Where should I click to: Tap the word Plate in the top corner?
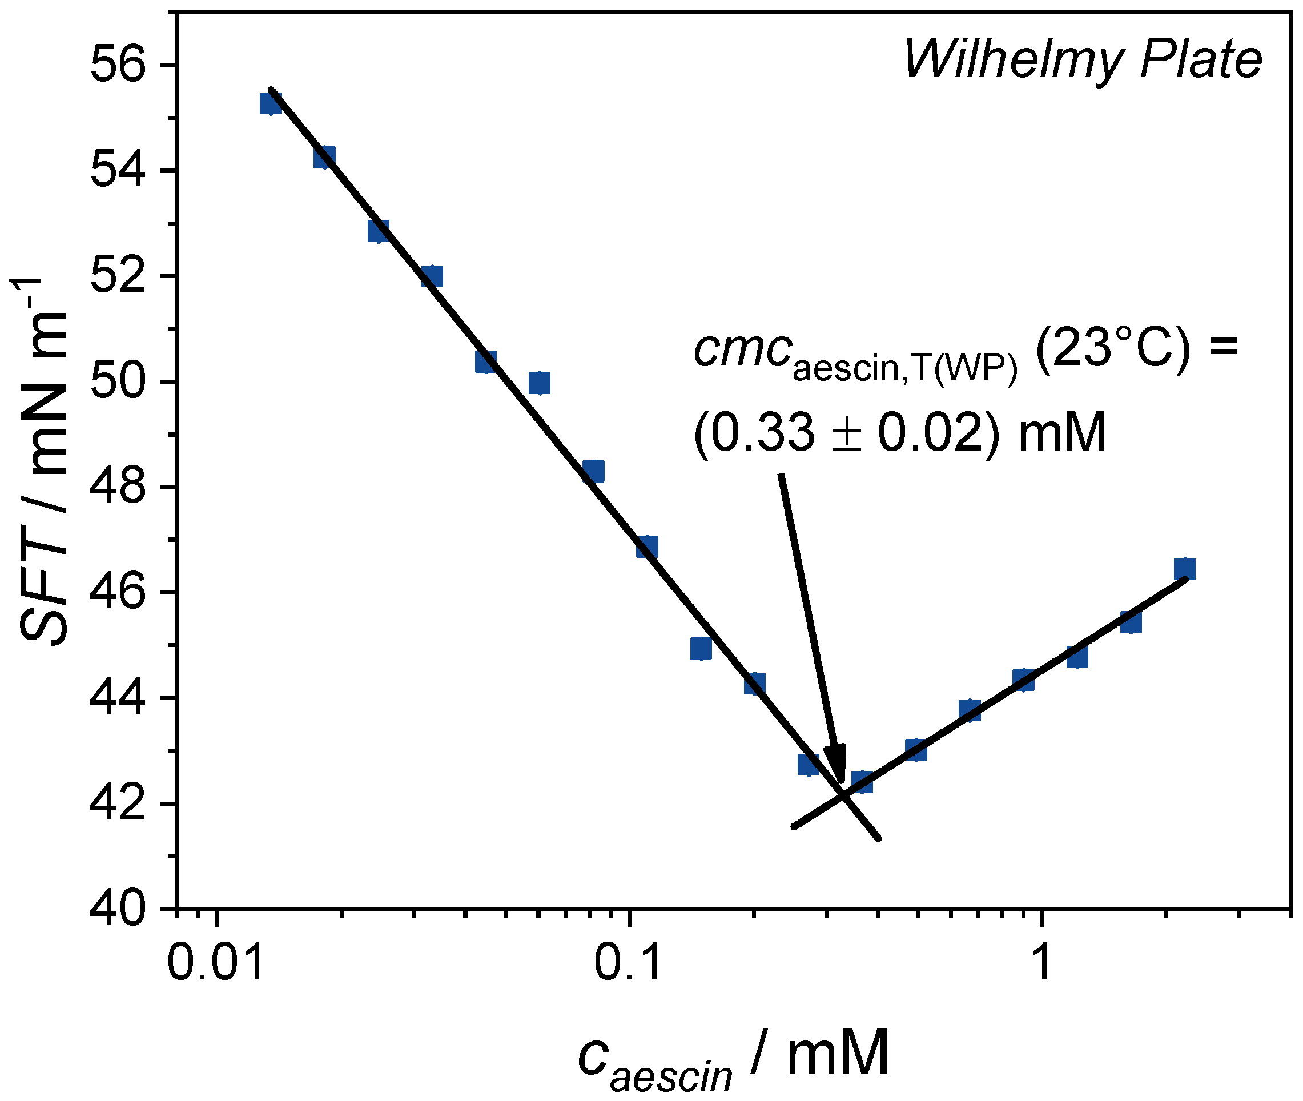pos(1201,60)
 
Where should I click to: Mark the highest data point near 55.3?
pos(270,103)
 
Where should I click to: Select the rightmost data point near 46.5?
pos(1184,569)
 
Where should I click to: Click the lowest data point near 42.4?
pos(862,781)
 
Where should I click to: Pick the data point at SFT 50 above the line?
pos(539,383)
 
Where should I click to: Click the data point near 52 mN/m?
pos(432,276)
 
